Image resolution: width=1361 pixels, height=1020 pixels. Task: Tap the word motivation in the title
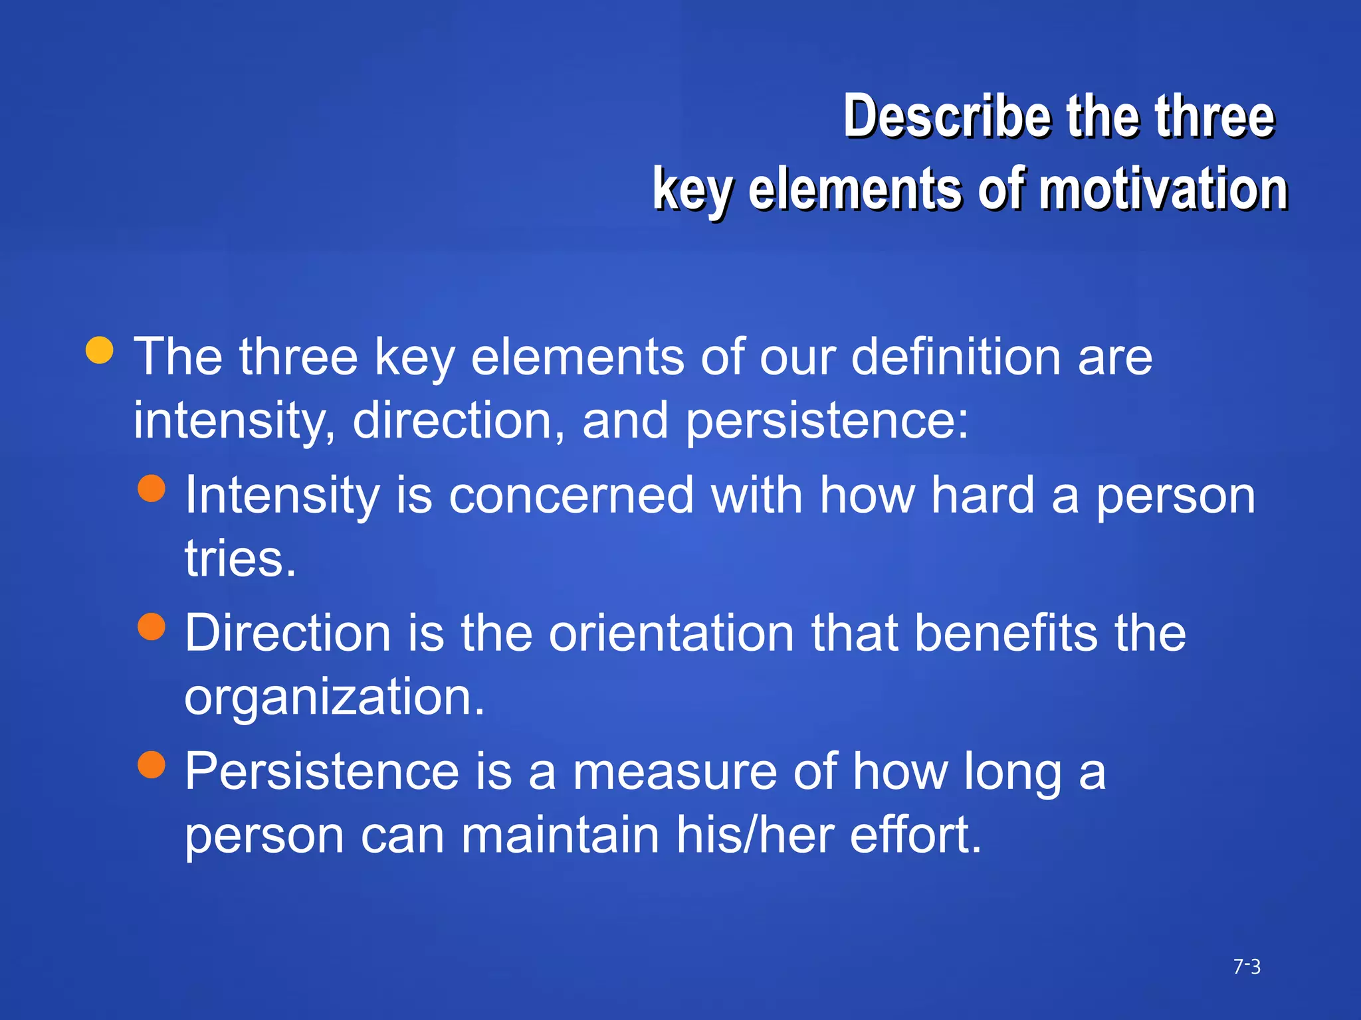pos(1163,189)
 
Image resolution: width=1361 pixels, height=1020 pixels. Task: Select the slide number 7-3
pos(1247,967)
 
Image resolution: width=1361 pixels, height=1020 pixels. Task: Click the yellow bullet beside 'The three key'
pos(100,350)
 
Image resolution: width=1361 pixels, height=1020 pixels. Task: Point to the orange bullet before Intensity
pos(152,488)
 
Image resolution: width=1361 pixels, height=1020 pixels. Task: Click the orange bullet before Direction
pos(152,626)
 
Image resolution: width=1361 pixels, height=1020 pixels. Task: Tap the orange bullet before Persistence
pos(152,764)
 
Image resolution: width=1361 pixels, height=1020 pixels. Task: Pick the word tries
pos(239,558)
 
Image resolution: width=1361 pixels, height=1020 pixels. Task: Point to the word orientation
pos(671,633)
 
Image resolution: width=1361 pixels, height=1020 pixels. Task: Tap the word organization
pos(334,697)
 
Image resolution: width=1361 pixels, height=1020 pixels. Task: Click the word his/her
pos(754,835)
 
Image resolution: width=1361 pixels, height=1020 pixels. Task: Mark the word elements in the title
pos(854,189)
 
